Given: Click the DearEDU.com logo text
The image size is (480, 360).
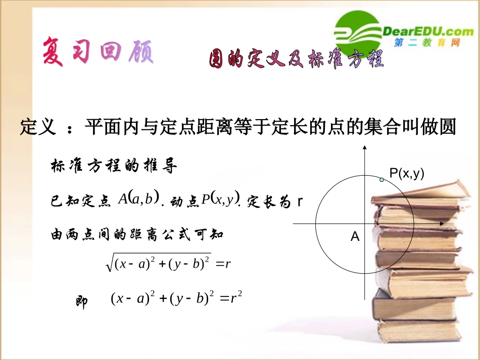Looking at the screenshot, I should (429, 31).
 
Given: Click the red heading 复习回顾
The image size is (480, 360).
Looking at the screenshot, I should (98, 51).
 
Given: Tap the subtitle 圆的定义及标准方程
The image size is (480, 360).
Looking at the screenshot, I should (297, 60).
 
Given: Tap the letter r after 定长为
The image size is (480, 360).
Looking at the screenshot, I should (300, 201).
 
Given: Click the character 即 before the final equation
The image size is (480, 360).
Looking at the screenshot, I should (81, 301).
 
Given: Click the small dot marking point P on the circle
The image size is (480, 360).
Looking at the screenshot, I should (382, 179).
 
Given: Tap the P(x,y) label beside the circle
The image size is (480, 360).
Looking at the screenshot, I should (407, 174).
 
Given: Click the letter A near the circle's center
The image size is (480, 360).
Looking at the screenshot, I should (355, 236).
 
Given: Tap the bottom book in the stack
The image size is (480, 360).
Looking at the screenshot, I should (424, 331).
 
